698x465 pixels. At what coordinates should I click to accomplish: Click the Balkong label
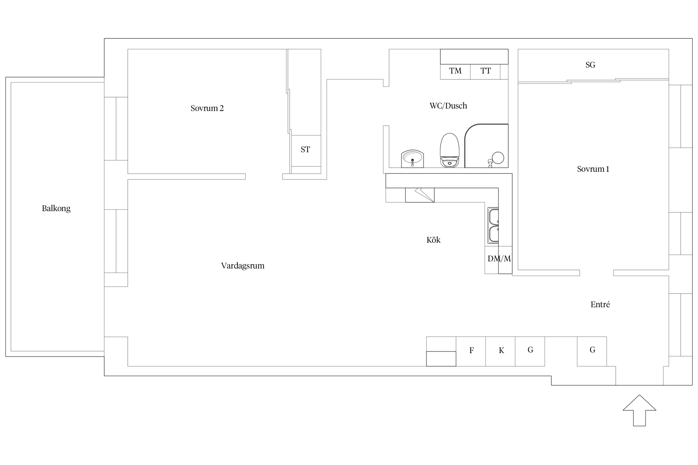(56, 208)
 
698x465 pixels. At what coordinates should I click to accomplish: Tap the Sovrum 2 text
(207, 108)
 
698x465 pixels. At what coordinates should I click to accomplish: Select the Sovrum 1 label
(593, 169)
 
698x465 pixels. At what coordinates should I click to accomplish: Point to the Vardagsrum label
(243, 266)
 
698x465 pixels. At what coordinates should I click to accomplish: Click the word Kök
(433, 240)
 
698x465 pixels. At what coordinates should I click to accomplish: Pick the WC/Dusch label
(448, 106)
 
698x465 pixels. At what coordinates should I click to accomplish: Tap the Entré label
(600, 304)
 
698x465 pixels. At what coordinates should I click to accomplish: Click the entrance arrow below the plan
(639, 410)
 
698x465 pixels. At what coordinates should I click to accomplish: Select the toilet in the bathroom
(450, 150)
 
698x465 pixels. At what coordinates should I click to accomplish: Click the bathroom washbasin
(412, 159)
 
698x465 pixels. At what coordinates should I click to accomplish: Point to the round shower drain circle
(498, 158)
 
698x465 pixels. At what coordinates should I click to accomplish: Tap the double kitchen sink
(493, 225)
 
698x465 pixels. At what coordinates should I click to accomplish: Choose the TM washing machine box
(455, 72)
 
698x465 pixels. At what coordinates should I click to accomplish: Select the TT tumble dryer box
(485, 72)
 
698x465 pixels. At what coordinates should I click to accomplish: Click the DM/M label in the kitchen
(499, 259)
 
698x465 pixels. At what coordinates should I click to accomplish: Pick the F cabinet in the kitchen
(471, 352)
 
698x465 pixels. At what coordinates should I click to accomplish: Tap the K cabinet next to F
(500, 352)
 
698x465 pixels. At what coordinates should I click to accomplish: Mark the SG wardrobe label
(590, 65)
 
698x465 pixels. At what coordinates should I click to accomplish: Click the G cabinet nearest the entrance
(592, 352)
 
